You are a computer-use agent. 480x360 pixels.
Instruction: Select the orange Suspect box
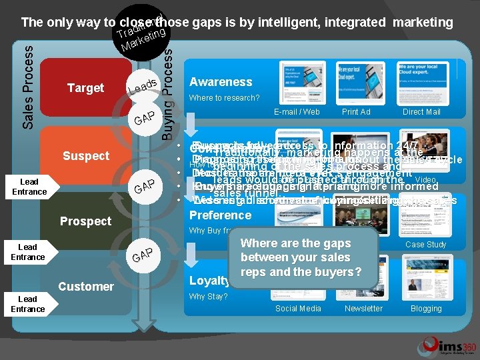point(86,156)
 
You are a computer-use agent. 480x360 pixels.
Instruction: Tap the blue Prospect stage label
point(86,221)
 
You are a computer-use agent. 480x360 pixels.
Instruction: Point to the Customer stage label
point(86,287)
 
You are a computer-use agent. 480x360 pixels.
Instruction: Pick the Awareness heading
point(221,82)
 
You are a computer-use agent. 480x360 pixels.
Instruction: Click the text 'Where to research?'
point(225,98)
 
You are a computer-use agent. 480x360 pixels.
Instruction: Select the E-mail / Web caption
point(297,112)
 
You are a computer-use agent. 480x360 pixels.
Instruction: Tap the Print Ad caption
point(356,112)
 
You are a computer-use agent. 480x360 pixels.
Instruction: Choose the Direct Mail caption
point(421,112)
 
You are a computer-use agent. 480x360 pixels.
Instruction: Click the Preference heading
point(221,215)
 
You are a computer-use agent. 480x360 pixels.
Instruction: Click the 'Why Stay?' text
point(208,297)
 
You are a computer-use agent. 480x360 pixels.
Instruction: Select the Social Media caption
point(298,309)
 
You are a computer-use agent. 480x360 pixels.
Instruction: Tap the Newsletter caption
point(363,309)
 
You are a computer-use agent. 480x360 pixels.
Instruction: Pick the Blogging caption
point(426,309)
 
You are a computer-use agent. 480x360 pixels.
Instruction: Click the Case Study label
point(426,244)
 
